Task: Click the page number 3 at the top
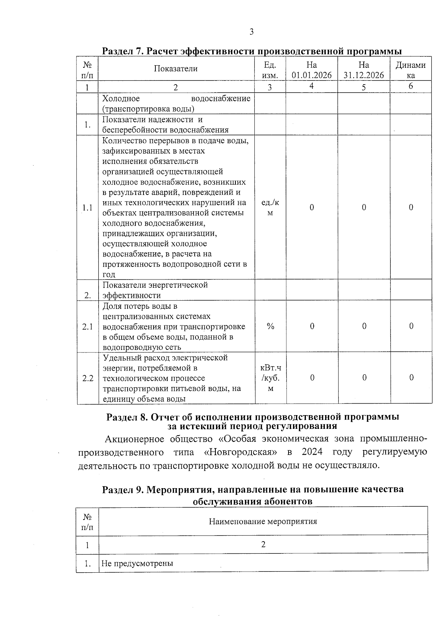point(251,32)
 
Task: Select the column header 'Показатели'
point(176,69)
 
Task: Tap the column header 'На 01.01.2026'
point(311,70)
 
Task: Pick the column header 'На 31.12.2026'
point(364,70)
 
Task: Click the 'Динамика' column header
point(411,70)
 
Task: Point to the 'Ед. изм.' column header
point(270,70)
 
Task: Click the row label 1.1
point(88,208)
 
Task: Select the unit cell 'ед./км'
point(270,208)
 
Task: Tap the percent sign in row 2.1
point(270,326)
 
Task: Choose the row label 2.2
point(88,378)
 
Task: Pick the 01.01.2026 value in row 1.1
point(311,208)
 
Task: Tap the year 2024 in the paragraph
point(311,452)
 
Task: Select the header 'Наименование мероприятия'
point(263,522)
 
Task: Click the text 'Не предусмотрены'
point(138,564)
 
